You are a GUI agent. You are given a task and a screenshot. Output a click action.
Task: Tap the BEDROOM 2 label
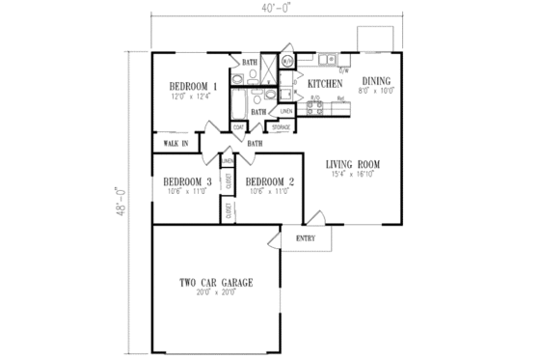coord(269,181)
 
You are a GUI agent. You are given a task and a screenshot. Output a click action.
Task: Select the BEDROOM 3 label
coord(188,181)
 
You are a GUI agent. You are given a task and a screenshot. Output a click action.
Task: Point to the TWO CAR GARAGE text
coord(216,283)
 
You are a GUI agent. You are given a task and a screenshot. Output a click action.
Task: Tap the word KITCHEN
coord(325,85)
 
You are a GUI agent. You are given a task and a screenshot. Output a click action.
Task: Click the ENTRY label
coord(306,238)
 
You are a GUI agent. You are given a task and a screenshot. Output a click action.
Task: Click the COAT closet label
coord(238,126)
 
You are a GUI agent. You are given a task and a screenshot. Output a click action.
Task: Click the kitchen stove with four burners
coord(314,108)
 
